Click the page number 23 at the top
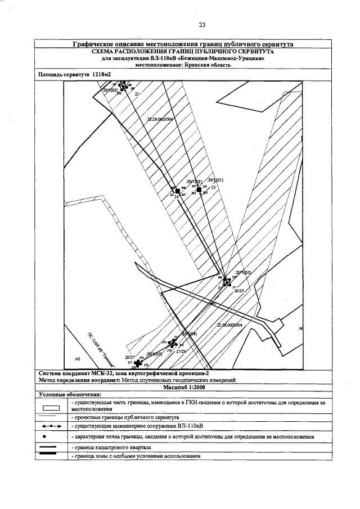(x=201, y=24)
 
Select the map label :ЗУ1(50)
(x=110, y=90)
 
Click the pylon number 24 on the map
(x=176, y=197)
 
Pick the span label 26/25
(x=238, y=291)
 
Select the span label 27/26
(x=181, y=351)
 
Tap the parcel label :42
(x=78, y=358)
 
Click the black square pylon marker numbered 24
(x=178, y=192)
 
